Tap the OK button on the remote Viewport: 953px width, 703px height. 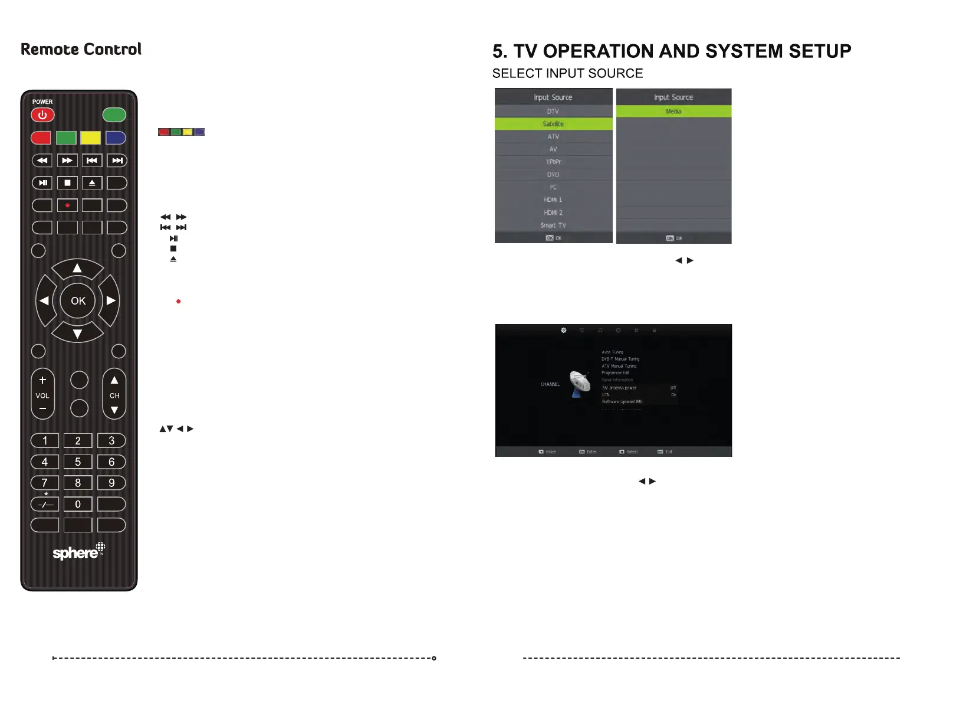tap(78, 301)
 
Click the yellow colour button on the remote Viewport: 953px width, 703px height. tap(90, 138)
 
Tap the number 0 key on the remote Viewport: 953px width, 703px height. tap(78, 505)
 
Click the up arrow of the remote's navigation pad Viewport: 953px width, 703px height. tap(77, 269)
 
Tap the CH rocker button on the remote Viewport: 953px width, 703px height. tap(114, 394)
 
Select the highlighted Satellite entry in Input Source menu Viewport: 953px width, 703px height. tap(553, 124)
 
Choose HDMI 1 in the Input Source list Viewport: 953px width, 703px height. tap(553, 200)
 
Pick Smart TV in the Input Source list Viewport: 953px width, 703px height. tap(553, 225)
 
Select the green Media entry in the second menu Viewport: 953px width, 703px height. tap(673, 112)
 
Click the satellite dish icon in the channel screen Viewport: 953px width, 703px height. tap(580, 384)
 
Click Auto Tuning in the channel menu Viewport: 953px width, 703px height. tap(612, 352)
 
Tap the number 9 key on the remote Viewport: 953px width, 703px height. tap(111, 483)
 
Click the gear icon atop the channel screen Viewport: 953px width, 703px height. tap(564, 331)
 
